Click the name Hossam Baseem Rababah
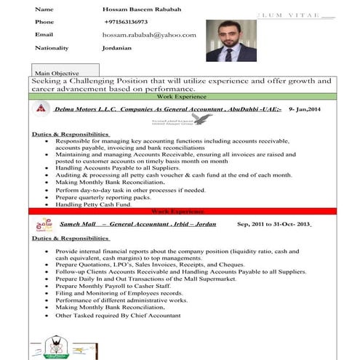[143, 9]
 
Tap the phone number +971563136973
[125, 22]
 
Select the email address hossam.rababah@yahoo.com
[149, 35]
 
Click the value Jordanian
[116, 48]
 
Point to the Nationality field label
[52, 48]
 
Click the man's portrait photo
[231, 40]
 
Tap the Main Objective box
[57, 73]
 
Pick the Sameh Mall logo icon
[44, 225]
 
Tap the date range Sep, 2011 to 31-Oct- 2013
[273, 224]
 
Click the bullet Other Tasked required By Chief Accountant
[118, 316]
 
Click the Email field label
[44, 35]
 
